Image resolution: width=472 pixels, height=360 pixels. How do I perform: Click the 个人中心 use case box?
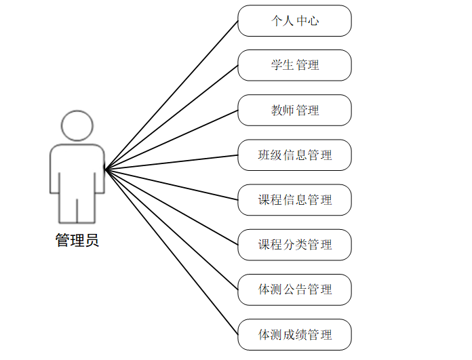click(x=294, y=20)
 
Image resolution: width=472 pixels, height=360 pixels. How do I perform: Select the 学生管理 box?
click(x=294, y=65)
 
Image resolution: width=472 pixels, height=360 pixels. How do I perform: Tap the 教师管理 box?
click(x=294, y=110)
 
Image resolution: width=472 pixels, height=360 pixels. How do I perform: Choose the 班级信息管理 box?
click(x=294, y=155)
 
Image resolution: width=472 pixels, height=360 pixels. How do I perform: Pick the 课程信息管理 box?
click(x=294, y=199)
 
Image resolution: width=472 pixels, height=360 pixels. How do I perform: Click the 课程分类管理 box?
click(x=294, y=244)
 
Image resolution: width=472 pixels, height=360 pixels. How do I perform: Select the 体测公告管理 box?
click(x=294, y=289)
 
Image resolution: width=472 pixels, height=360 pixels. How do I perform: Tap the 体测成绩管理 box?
click(x=294, y=334)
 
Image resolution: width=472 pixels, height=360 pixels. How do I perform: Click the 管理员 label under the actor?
click(x=77, y=240)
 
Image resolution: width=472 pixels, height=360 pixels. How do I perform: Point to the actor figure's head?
click(x=77, y=126)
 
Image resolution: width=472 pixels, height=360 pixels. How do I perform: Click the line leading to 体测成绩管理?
click(x=172, y=251)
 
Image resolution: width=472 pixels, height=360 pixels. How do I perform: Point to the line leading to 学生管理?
click(x=172, y=116)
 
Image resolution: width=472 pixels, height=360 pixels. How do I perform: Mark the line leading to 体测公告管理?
click(x=172, y=228)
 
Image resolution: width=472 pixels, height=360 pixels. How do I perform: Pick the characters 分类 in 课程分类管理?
click(x=294, y=244)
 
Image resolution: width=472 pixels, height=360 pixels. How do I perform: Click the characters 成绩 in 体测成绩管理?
click(x=294, y=334)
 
